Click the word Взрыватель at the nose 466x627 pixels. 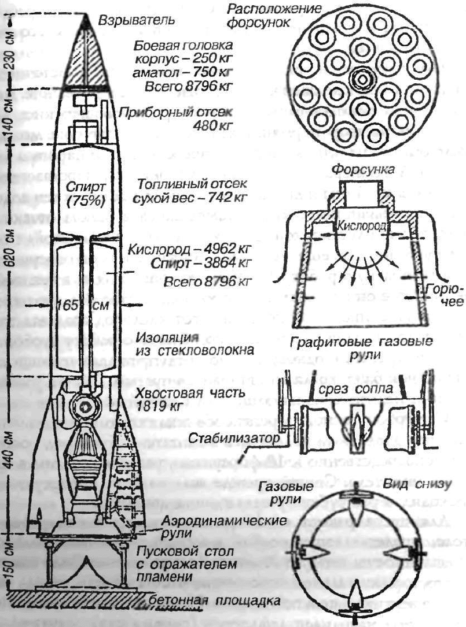(x=137, y=21)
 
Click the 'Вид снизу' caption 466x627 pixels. (x=429, y=485)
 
